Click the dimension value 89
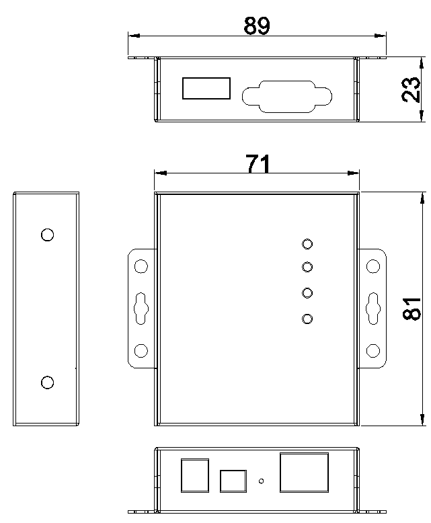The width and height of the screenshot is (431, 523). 256,26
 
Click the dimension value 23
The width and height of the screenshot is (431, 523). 411,89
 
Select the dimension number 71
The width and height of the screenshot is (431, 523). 258,163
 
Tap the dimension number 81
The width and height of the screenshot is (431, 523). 412,309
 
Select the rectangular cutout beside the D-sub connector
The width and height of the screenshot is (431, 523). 206,88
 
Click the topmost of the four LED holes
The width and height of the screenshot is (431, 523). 307,244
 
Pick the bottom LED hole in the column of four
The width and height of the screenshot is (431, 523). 307,319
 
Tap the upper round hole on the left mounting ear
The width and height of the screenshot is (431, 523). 141,266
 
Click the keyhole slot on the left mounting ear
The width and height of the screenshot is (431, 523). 141,309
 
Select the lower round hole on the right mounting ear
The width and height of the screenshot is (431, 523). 373,350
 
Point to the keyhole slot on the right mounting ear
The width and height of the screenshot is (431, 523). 373,309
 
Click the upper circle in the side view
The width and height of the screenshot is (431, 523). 47,235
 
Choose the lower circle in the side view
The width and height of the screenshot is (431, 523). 47,383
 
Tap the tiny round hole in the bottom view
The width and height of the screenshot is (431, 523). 261,481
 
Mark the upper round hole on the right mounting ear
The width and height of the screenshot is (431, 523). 373,266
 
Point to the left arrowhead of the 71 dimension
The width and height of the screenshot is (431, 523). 161,173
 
